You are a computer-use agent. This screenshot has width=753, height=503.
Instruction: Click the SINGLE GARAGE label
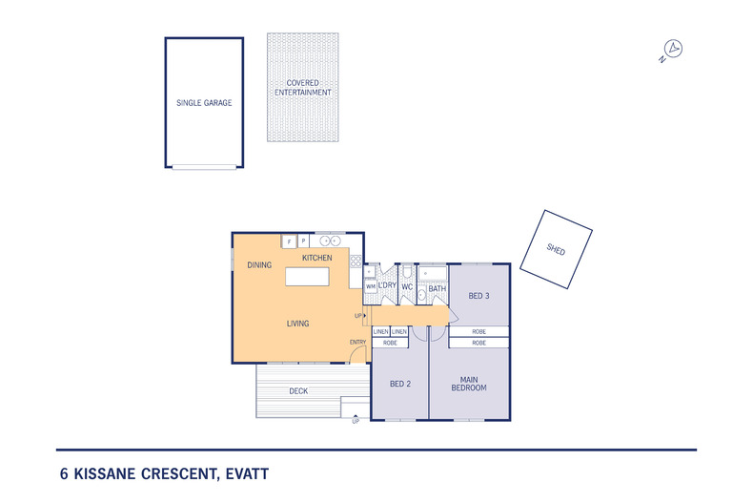[204, 102]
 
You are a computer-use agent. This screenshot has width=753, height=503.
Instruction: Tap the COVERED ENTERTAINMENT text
[302, 88]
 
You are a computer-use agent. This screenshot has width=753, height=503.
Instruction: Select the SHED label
[556, 250]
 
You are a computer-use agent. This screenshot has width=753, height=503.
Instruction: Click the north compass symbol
[672, 50]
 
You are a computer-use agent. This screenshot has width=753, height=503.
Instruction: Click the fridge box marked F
[288, 241]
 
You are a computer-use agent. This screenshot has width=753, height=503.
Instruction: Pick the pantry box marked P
[303, 241]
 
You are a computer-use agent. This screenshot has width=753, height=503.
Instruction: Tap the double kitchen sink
[330, 241]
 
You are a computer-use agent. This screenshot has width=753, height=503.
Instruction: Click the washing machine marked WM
[370, 285]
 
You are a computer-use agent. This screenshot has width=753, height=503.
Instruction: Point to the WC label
[407, 286]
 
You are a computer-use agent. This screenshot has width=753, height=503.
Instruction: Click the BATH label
[437, 288]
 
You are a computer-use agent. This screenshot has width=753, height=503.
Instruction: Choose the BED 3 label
[478, 296]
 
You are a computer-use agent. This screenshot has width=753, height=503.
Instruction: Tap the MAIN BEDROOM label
[469, 382]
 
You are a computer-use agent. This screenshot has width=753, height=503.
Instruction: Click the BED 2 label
[399, 385]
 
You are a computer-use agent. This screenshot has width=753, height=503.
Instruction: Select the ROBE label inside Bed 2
[390, 342]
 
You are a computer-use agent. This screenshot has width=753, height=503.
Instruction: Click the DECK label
[299, 391]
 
